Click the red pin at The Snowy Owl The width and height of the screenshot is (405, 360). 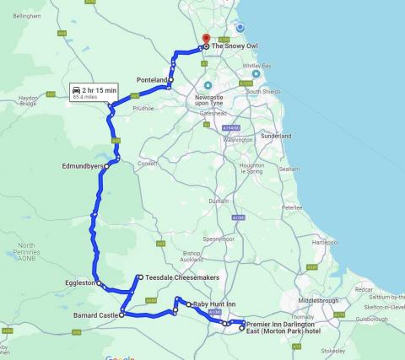[205, 39]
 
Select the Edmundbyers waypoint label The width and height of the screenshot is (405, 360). [81, 166]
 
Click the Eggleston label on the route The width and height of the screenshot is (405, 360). [80, 283]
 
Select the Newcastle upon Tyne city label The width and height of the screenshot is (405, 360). [218, 100]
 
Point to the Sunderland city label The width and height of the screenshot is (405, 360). [276, 136]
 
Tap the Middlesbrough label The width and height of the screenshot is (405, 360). [317, 300]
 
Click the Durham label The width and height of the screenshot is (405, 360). [219, 201]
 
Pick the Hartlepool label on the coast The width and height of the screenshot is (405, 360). [324, 242]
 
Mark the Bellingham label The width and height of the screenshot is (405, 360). [26, 16]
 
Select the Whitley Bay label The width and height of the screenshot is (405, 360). [256, 66]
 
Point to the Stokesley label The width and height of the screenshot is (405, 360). [333, 350]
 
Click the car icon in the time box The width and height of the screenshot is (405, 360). [77, 89]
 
